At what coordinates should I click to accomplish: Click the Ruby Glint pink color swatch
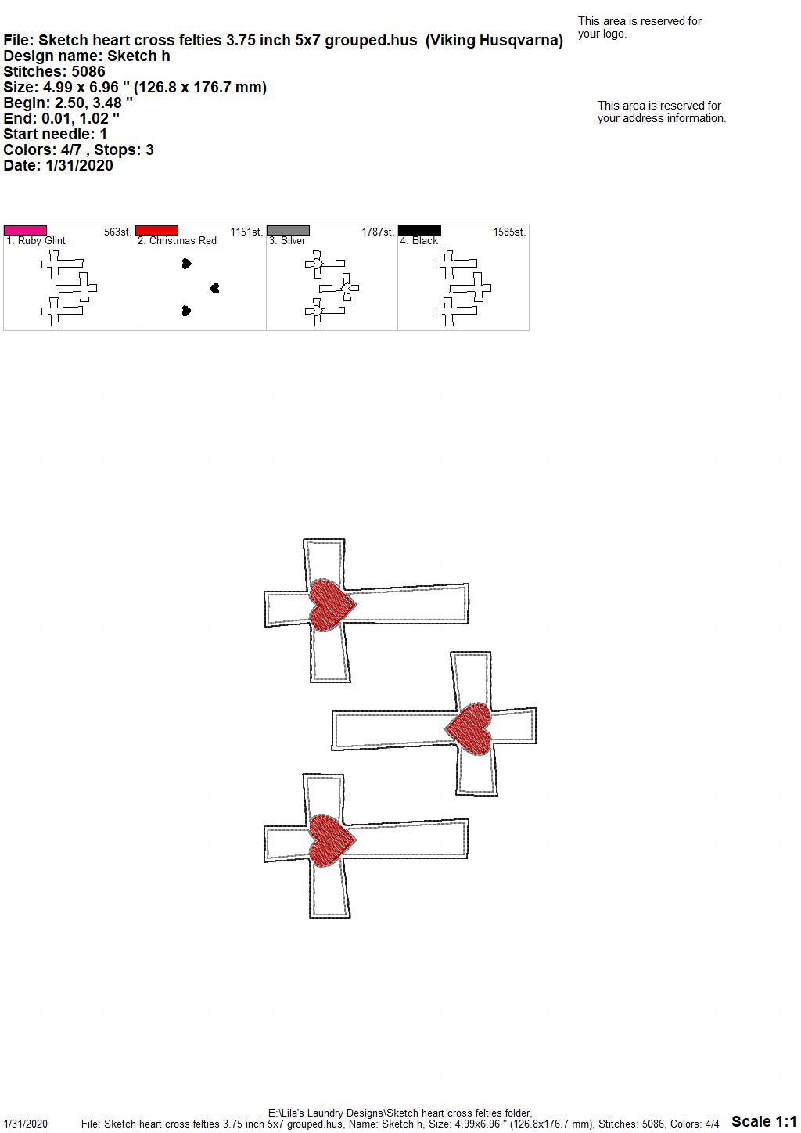tap(25, 230)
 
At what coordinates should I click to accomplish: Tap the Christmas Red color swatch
tap(156, 230)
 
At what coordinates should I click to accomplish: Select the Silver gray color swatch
tap(288, 230)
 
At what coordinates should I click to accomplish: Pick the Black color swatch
tap(420, 230)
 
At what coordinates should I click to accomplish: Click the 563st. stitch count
tap(117, 232)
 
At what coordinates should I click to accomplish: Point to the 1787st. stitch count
tap(378, 232)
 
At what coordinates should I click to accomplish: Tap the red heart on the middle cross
tap(469, 728)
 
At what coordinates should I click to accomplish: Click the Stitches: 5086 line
tap(54, 71)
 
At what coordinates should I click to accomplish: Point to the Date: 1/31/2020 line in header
tap(58, 165)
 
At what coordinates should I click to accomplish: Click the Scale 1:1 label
tap(764, 1120)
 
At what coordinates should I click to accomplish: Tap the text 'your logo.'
tap(602, 34)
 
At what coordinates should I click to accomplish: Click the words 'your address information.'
tap(662, 118)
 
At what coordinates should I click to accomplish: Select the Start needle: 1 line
tap(55, 134)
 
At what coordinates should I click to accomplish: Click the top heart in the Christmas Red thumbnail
tap(187, 264)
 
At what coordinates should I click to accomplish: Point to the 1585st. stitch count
tap(509, 232)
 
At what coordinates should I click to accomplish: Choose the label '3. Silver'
tap(287, 241)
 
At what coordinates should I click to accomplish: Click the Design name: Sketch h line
tap(87, 56)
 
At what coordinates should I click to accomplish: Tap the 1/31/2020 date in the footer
tap(25, 1124)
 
